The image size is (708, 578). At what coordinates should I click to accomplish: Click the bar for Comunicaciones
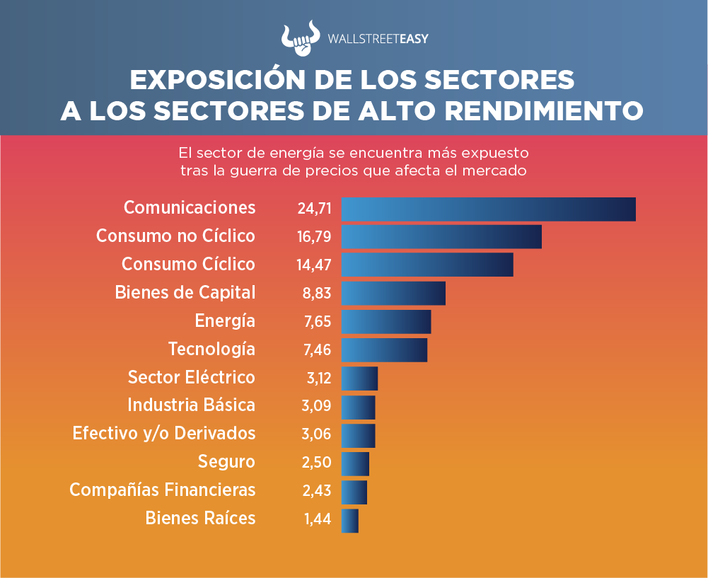point(488,209)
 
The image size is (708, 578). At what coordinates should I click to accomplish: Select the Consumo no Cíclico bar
point(441,237)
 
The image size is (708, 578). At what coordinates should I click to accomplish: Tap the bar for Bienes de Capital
point(393,294)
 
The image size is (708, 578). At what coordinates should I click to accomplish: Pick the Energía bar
point(386,322)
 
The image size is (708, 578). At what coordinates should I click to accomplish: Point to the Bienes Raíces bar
point(350,521)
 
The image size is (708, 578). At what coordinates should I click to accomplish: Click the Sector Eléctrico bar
point(359,378)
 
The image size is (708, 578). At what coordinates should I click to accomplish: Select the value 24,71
point(315,209)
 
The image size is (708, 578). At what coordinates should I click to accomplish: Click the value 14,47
point(315,265)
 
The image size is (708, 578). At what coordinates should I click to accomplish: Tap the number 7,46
point(318,350)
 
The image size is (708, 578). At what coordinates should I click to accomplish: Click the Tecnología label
point(211,349)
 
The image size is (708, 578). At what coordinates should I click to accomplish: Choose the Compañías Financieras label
point(162,490)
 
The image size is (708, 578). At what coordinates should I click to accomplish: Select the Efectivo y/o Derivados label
point(164,433)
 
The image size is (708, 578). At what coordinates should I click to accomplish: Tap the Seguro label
point(226,462)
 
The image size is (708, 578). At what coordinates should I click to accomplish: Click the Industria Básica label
point(191,405)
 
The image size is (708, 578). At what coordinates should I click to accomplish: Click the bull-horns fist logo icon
point(301,40)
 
